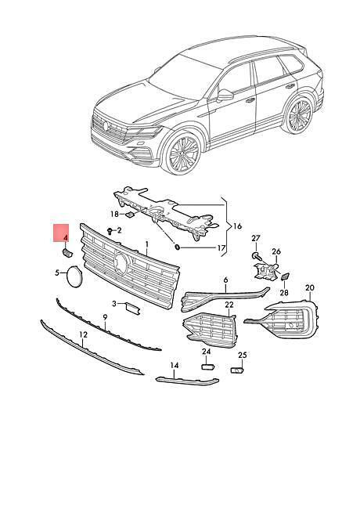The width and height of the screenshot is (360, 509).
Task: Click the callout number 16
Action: tap(238, 226)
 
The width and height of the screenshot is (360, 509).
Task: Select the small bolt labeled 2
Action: tap(110, 231)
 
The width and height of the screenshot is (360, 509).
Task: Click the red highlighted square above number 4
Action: tap(61, 233)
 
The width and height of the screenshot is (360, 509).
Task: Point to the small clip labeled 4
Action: tap(67, 253)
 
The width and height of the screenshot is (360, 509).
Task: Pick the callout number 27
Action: tap(256, 238)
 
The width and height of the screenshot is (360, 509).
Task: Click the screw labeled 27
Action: tap(255, 256)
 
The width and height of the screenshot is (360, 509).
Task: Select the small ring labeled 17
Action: tap(178, 247)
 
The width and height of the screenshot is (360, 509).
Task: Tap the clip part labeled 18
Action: tap(131, 215)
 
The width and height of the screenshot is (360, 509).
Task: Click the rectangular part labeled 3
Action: tap(133, 308)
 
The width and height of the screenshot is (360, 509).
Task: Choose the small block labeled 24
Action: tap(207, 366)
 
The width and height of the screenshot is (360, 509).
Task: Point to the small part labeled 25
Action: tap(237, 370)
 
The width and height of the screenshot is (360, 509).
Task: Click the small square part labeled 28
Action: tap(285, 276)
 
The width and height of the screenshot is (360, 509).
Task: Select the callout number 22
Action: tap(229, 305)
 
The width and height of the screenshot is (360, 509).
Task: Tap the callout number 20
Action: tap(310, 287)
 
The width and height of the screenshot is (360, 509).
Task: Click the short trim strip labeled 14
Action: tap(187, 381)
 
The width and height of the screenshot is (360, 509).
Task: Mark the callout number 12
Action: tap(84, 334)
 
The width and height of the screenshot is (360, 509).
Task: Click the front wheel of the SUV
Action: tap(184, 153)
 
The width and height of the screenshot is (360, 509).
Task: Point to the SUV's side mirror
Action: tap(225, 95)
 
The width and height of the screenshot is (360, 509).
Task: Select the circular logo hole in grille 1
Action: tap(121, 264)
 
